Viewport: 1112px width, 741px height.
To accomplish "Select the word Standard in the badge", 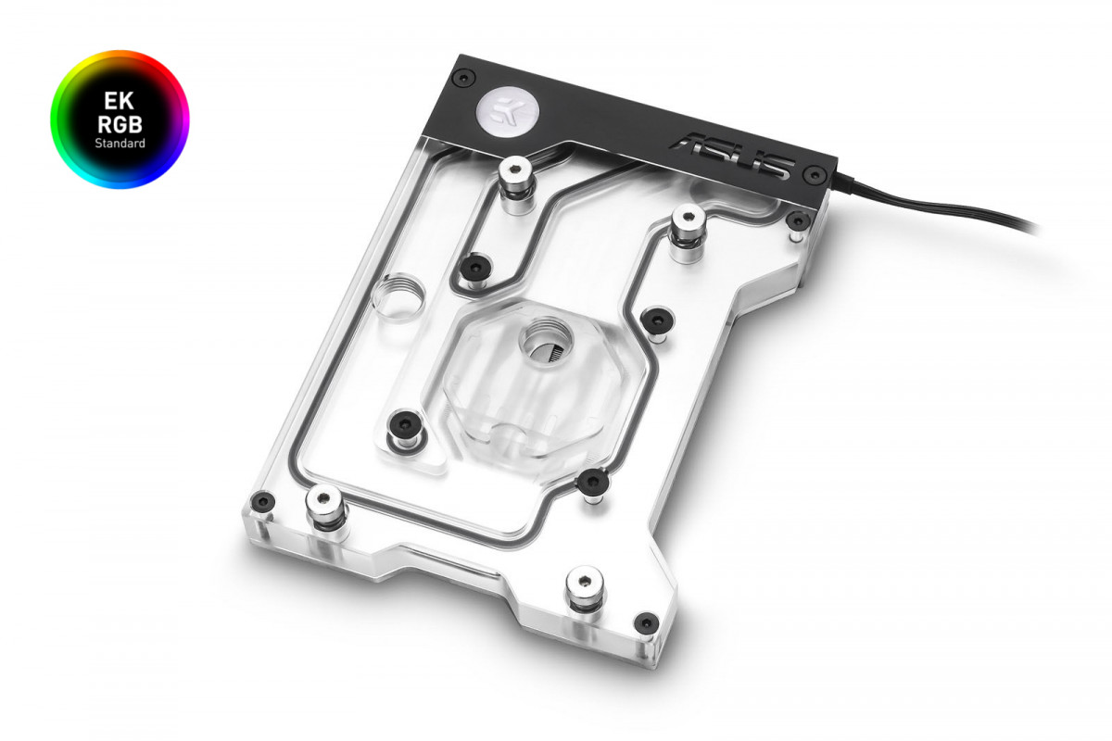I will [120, 144].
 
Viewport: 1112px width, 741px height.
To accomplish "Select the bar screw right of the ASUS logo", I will [813, 173].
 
